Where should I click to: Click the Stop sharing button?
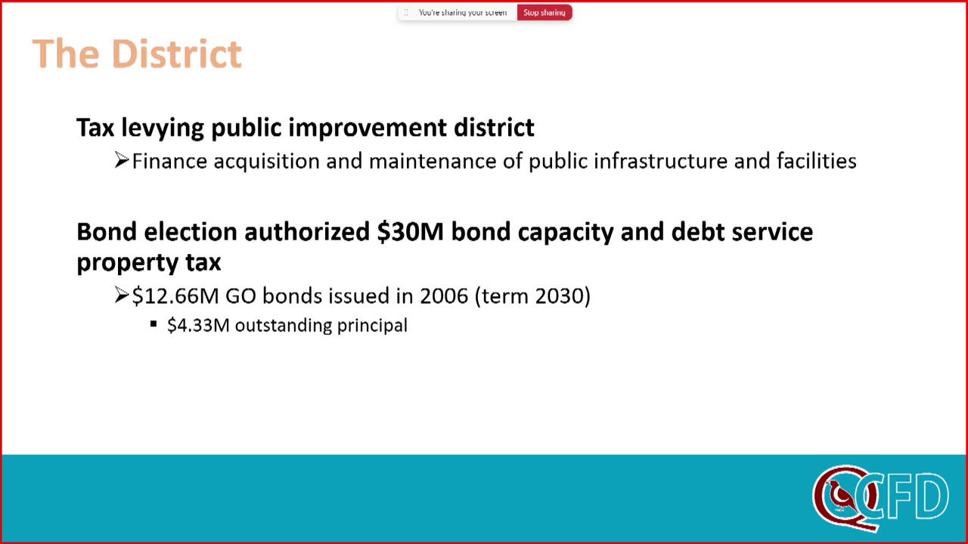544,13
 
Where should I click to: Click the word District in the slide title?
176,54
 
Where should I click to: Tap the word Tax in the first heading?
95,128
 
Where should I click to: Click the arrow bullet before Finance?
122,160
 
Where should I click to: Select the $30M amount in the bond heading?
410,232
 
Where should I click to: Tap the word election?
191,232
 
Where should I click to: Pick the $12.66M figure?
175,296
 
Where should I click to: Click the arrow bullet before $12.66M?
122,295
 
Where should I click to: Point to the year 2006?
444,296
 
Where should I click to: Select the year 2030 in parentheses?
559,296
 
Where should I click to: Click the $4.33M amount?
198,326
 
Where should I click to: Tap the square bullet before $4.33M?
154,324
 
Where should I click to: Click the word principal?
372,326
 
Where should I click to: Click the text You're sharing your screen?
462,13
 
